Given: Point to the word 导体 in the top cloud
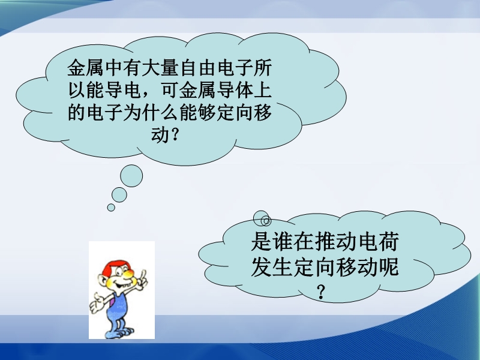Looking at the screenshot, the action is [x=235, y=90].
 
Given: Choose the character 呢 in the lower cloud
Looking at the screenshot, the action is [x=389, y=267].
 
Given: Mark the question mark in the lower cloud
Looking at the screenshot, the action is [x=321, y=292].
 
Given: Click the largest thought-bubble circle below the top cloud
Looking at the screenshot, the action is [x=131, y=176].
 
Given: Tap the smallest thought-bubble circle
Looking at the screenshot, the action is [x=111, y=208].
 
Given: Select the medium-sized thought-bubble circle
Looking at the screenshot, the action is [x=119, y=194].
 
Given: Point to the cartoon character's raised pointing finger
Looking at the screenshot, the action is [x=142, y=274].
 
